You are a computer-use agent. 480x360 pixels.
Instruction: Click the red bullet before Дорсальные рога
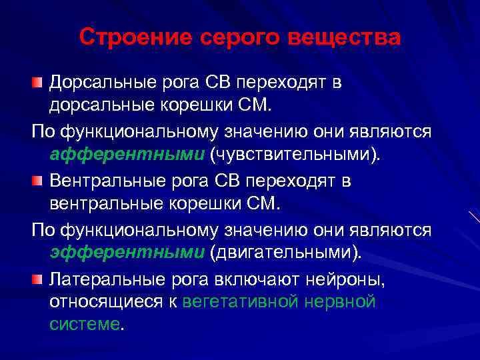pyautogui.click(x=37, y=83)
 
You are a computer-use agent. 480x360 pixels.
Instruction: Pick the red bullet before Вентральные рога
pyautogui.click(x=37, y=181)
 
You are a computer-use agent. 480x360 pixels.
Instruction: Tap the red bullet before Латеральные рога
pyautogui.click(x=37, y=278)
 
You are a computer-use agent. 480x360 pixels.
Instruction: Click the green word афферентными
pyautogui.click(x=127, y=155)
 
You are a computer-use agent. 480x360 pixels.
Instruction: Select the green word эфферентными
pyautogui.click(x=127, y=253)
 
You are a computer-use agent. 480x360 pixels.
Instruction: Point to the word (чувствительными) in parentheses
pyautogui.click(x=297, y=155)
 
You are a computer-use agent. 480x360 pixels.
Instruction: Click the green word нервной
pyautogui.click(x=340, y=302)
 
